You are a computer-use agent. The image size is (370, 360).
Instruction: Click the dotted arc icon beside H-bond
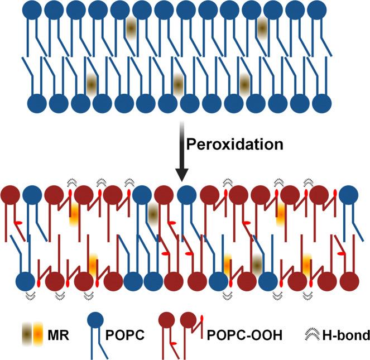(306, 335)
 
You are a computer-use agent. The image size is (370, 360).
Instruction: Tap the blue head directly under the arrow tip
(186, 194)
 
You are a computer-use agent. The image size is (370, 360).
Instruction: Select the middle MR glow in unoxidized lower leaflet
(178, 83)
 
